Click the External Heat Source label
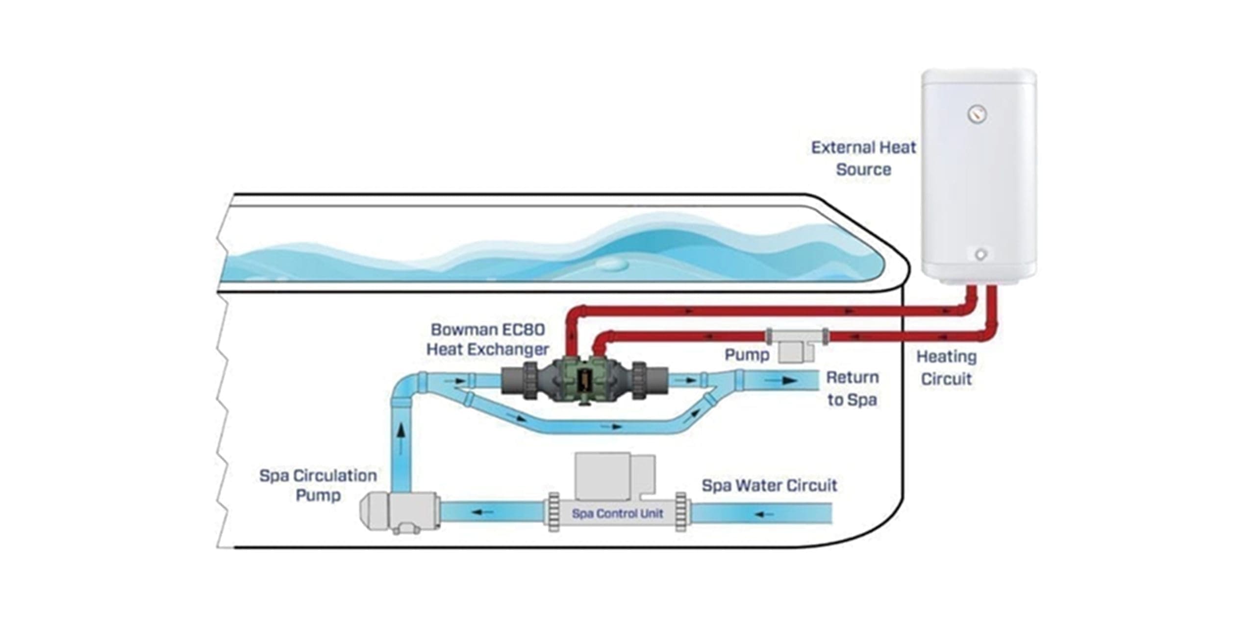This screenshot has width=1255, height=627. [x=863, y=158]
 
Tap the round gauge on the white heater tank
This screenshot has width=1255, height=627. [x=977, y=115]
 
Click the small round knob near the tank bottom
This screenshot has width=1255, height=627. [x=980, y=255]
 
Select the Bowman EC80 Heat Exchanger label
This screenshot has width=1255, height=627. [x=488, y=339]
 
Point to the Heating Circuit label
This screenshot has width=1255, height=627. [x=946, y=367]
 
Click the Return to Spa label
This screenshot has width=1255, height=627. [x=852, y=388]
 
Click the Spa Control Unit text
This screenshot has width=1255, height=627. [x=617, y=513]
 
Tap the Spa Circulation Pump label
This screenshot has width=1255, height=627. [x=318, y=485]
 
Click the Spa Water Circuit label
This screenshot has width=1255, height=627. [x=769, y=485]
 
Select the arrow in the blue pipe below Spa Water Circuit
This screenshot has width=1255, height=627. [x=765, y=514]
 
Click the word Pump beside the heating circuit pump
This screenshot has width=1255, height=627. [x=747, y=355]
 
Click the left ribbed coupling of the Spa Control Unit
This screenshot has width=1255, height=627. [x=553, y=512]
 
